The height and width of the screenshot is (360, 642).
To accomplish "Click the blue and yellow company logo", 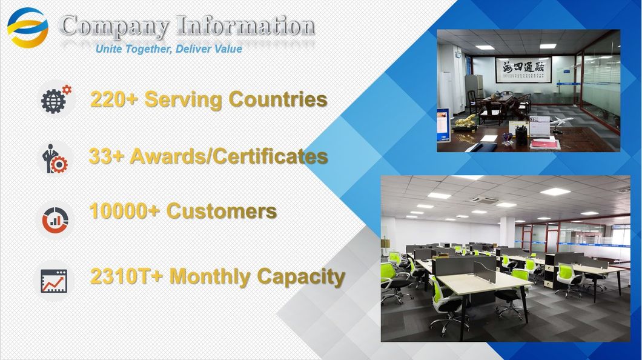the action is click(28, 28).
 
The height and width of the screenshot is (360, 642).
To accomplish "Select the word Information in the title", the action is click(246, 26).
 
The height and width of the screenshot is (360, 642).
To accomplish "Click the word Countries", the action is click(278, 99).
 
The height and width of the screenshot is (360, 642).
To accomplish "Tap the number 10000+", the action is click(125, 211).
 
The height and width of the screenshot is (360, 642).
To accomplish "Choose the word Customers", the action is click(222, 211).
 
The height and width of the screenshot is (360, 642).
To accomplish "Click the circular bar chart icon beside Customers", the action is click(55, 220).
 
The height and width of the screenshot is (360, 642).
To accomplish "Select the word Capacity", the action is click(301, 276).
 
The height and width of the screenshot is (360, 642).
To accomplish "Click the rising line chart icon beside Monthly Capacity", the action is click(54, 281).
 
